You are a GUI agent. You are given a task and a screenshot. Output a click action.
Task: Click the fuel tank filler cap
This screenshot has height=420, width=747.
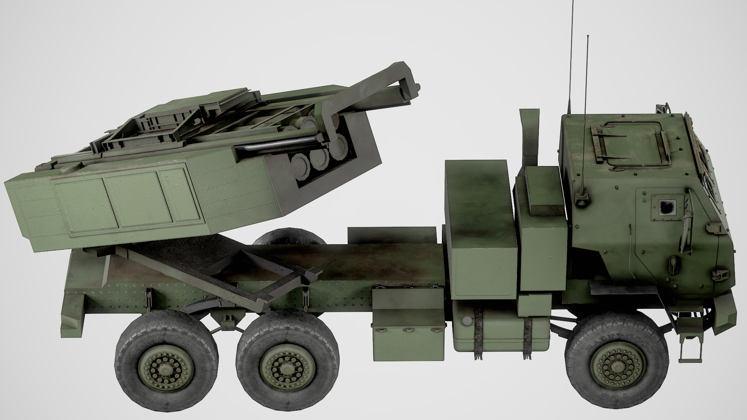[x=466, y=320]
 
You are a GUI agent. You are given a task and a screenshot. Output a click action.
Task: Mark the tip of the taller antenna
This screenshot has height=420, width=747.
[x=572, y=2]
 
